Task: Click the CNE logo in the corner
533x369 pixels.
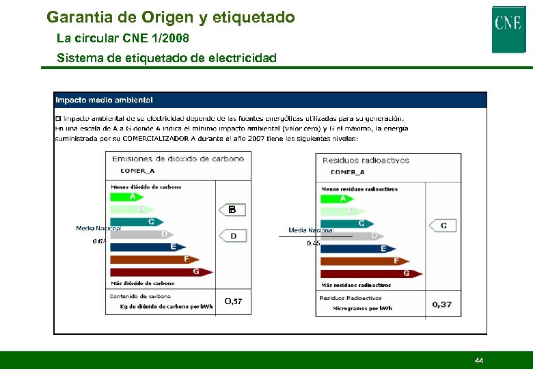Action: coord(508,28)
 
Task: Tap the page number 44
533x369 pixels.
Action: coord(478,360)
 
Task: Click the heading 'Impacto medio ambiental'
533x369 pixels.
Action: coord(104,100)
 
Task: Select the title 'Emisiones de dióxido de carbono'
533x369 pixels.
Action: coord(178,159)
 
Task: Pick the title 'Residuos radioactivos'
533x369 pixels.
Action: coord(366,161)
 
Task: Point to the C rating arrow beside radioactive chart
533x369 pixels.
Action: coord(443,225)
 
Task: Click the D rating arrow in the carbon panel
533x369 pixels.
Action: coord(233,236)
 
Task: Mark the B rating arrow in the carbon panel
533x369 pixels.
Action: coord(232,210)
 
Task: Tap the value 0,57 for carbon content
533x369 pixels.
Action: coord(233,301)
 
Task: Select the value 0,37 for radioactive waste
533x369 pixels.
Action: coord(442,304)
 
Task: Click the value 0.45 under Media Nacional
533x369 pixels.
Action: coord(313,243)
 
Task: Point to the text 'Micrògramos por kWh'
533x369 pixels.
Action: coord(362,308)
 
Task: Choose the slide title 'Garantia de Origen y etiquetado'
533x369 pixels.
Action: coord(171,16)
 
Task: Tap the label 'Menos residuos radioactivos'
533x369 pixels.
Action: coord(359,189)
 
